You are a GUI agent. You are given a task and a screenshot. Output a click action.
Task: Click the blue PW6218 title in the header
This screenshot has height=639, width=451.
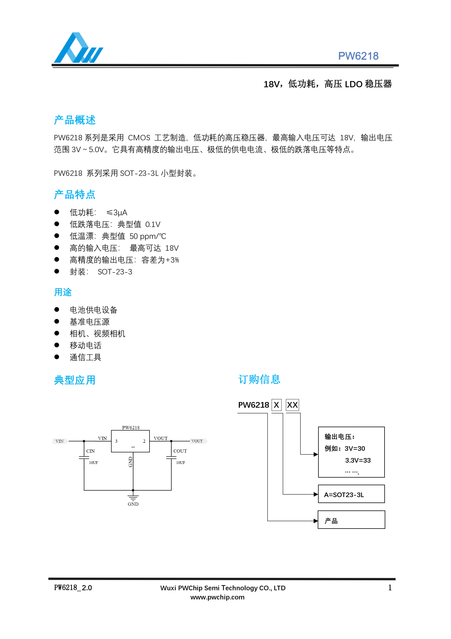coord(358,56)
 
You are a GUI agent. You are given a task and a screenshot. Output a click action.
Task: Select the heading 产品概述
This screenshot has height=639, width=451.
coord(74,120)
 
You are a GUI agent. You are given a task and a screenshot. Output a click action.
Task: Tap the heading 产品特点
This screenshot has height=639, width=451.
coord(74,194)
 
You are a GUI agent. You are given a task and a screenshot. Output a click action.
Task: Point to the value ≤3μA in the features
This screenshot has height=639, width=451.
coord(117,213)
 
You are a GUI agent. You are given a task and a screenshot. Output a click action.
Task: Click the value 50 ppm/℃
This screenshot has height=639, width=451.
coord(148,236)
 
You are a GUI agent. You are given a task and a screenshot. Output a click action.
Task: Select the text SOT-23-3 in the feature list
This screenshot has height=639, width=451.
coord(115,272)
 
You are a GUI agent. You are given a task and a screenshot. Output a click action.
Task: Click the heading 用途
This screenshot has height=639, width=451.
coord(63,292)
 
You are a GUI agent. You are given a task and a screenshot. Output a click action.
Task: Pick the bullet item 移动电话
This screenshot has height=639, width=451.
coord(85,345)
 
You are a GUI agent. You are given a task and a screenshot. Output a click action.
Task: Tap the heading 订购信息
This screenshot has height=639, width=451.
coord(259,379)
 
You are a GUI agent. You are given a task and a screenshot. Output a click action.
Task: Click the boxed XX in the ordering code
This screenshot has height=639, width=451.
coord(292,405)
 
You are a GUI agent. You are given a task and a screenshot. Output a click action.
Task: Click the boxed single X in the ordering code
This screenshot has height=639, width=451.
coord(276,405)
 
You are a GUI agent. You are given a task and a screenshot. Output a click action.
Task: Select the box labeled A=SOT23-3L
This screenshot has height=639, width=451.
coord(351,495)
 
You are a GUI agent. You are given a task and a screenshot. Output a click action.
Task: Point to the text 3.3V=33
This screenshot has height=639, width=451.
coord(358,460)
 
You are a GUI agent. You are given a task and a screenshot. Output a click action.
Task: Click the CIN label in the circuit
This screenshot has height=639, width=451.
coord(90,451)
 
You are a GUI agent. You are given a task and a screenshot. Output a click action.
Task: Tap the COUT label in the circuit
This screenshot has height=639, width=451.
coord(180,451)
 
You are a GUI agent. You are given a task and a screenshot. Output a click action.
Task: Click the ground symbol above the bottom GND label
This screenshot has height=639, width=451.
coord(133,497)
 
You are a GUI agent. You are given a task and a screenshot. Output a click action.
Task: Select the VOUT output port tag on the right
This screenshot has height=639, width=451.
coord(198,441)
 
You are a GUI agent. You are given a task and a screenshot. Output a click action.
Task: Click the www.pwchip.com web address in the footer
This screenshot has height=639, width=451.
coord(217,597)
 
